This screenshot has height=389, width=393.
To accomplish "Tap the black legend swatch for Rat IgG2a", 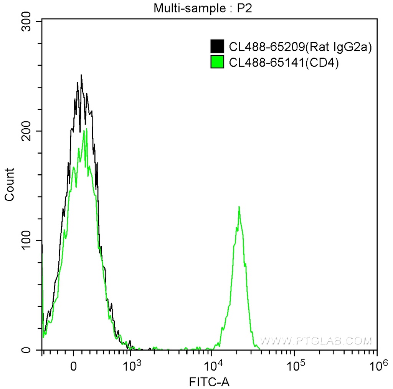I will tap(218, 46).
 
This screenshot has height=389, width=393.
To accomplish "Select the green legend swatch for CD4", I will tap(218, 62).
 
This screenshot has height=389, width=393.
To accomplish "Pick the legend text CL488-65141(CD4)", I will tap(284, 62).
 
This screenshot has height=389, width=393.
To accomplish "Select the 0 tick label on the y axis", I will tap(33, 350).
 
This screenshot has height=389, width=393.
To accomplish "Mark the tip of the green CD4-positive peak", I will tap(239, 207).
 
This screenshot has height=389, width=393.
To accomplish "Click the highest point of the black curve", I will tap(81, 75).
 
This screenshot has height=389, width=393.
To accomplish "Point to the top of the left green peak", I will tap(86, 129).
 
